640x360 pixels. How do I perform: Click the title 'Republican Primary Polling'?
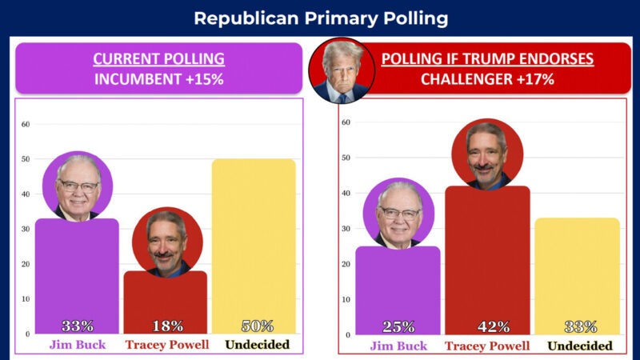(320, 18)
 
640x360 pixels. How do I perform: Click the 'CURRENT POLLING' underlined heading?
(158, 59)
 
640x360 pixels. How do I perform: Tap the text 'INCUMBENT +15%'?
(158, 80)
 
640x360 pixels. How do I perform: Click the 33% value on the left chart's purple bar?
(78, 326)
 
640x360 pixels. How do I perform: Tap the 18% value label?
(168, 326)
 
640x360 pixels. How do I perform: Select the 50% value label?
(257, 326)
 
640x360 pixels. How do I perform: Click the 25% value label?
(398, 326)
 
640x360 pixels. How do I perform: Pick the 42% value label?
(487, 326)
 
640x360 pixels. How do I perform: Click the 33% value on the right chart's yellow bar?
(580, 326)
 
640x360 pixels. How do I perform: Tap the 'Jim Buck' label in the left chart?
(76, 345)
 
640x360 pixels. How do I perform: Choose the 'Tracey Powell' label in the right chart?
(488, 346)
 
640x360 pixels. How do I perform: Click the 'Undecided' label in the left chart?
(257, 345)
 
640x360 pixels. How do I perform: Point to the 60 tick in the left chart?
(26, 124)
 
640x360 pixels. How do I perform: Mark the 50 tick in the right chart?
(346, 158)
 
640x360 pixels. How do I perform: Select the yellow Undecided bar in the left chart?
(254, 240)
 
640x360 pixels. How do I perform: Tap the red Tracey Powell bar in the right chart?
(487, 256)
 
